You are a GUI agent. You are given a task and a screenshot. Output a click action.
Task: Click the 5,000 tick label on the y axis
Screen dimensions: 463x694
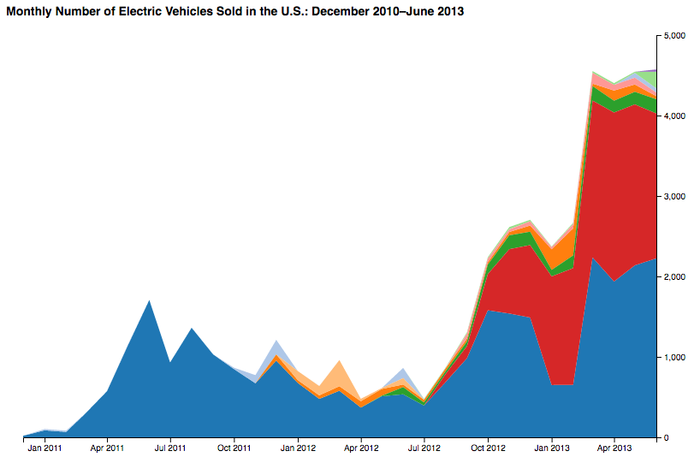(674, 36)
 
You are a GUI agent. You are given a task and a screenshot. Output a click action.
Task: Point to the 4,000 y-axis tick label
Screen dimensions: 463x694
(674, 116)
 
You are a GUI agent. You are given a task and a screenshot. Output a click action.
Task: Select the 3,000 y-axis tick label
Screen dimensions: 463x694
(674, 197)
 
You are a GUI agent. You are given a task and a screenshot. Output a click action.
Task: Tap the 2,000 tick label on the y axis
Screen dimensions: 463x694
(674, 277)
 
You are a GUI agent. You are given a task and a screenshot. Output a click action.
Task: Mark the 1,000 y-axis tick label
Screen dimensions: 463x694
(674, 358)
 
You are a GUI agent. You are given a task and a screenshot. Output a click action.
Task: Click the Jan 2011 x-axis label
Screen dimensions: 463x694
(44, 448)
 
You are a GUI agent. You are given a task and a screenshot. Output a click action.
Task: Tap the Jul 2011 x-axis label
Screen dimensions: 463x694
(171, 448)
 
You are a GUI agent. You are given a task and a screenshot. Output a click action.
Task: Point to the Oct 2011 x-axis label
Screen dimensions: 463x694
(234, 448)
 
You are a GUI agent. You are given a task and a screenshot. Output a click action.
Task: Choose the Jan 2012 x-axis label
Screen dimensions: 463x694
(298, 448)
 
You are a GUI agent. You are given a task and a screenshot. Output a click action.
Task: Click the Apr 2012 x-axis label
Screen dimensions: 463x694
(361, 448)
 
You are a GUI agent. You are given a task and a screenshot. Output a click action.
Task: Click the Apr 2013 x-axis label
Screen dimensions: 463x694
(614, 448)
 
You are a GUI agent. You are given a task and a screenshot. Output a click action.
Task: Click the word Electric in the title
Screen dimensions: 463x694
(166, 13)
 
